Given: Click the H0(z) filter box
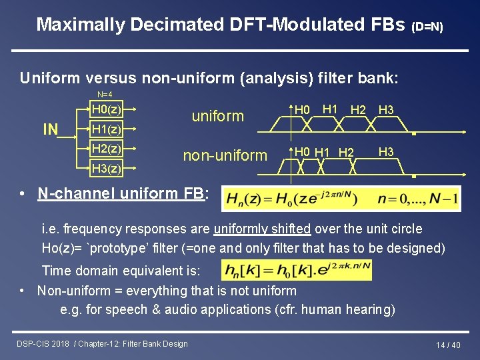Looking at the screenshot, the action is (106, 109).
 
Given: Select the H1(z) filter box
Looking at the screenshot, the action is (106, 129).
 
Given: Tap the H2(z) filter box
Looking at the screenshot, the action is (106, 148).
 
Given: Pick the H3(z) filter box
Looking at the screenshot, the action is (106, 169).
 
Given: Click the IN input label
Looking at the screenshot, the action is (51, 129).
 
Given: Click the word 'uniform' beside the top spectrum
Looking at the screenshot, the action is (218, 116).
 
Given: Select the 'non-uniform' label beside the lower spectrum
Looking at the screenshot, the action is (225, 155).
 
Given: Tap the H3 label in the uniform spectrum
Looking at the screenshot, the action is (386, 110).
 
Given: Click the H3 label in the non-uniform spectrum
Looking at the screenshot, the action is (386, 152).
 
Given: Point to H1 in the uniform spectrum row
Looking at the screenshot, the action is (329, 109).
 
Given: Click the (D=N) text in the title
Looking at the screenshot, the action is (427, 27).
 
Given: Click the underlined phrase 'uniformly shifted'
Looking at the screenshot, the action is (262, 229).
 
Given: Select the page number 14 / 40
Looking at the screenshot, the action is (448, 345).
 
